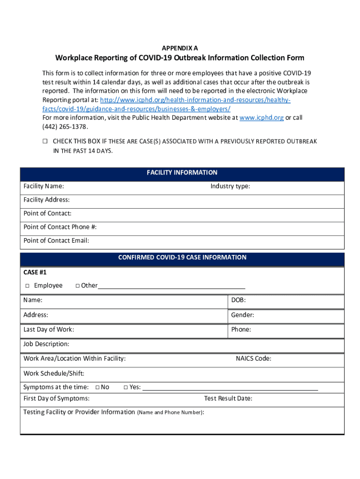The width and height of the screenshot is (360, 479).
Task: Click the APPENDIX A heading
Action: [x=180, y=48]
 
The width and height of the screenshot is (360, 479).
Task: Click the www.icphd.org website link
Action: [x=261, y=118]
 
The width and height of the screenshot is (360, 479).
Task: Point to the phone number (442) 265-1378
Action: [x=65, y=127]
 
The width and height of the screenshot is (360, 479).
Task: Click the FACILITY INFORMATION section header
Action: [x=182, y=173]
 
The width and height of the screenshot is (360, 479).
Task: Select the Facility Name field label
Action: [x=44, y=186]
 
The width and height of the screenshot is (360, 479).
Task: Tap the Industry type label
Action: [x=230, y=186]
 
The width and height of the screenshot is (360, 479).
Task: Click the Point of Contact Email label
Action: [x=56, y=240]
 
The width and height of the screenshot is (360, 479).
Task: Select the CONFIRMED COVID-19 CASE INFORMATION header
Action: [x=182, y=257]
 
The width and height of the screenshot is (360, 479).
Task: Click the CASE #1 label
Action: [x=35, y=272]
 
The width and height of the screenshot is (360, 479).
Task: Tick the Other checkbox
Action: [x=78, y=286]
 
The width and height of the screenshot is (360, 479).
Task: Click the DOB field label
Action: [x=238, y=300]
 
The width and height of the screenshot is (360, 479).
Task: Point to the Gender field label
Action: [x=242, y=315]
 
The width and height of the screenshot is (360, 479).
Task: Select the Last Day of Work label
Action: [x=49, y=329]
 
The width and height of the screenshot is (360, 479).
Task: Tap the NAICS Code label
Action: [x=253, y=359]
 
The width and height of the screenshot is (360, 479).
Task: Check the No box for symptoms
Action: [x=97, y=387]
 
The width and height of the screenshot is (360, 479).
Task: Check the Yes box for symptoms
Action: [x=126, y=387]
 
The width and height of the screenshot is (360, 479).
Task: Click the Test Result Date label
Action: [x=228, y=399]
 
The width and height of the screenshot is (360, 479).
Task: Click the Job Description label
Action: [x=46, y=344]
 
